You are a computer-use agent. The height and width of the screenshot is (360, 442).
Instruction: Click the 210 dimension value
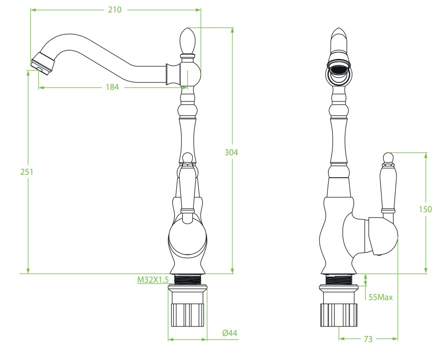point(115,10)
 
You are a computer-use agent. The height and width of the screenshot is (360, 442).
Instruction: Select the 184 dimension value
point(112,87)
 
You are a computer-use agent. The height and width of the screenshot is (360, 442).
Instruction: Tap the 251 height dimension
point(27,172)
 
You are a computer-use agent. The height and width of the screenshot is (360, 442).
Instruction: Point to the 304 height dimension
point(231,152)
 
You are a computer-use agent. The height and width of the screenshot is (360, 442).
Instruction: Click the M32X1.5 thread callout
point(153,280)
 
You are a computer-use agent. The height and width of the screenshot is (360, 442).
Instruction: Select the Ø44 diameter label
point(230,333)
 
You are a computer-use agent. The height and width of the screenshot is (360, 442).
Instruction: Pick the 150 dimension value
point(425,209)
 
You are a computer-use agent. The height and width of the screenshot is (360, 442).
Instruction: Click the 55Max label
point(381,297)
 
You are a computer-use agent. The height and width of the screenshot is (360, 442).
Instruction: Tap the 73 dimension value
point(368,339)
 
